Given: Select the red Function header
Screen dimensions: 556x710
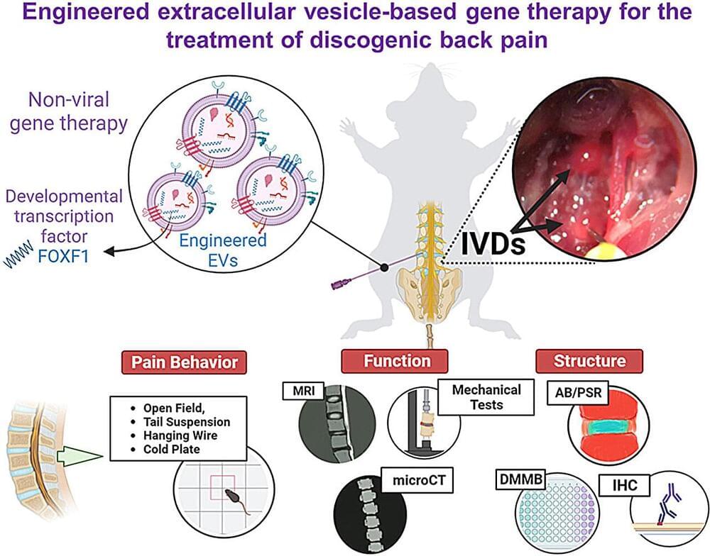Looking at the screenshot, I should [397, 360].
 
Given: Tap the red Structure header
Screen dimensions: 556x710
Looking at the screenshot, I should [590, 360].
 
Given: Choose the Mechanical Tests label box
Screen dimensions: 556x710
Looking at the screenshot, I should [486, 397].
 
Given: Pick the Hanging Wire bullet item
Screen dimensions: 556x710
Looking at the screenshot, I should [178, 436].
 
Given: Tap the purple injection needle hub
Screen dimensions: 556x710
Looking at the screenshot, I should [339, 285].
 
